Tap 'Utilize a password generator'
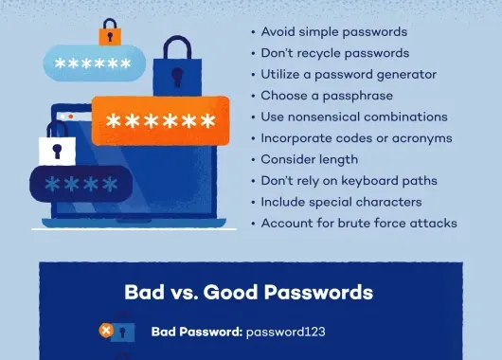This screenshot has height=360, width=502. coord(347,74)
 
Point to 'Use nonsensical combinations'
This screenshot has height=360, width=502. coord(353,117)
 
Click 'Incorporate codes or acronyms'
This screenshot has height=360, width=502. coord(356,138)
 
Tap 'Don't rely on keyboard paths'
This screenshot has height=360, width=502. coord(349,181)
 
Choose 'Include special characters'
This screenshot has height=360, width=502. coord(341,202)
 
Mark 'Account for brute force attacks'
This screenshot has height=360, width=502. coord(359,224)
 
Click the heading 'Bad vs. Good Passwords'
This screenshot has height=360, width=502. coord(248,292)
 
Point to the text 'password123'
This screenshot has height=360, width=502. coord(285,333)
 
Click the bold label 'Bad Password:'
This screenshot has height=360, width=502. coord(196,333)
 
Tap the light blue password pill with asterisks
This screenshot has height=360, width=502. coord(93,64)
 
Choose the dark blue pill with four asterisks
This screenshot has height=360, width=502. coord(80,183)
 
